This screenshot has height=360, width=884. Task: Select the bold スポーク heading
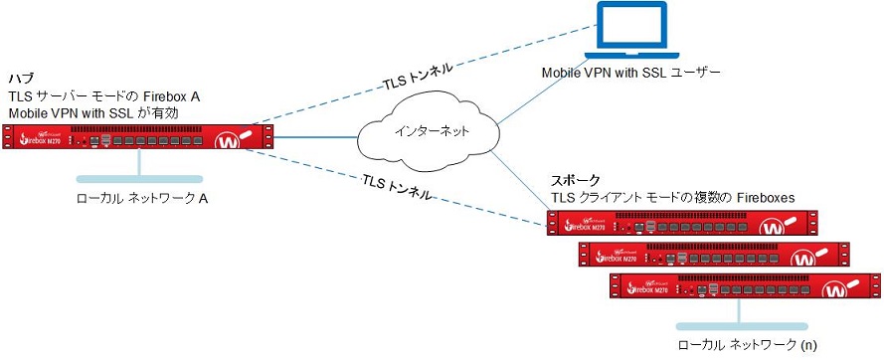coord(575,180)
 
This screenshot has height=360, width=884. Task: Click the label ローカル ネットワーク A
coord(142,199)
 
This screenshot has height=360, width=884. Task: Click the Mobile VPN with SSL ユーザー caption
coord(629,74)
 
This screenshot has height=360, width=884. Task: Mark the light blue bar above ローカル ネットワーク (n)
coord(738,325)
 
